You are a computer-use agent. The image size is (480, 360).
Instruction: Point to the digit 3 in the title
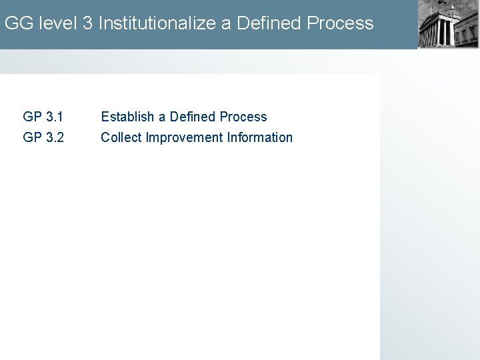88,23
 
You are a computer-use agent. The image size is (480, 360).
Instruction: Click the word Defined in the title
266,23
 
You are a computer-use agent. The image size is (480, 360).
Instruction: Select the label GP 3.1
43,117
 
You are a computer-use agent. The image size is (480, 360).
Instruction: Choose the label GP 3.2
43,137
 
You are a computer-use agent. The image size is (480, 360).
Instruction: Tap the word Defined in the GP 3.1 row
193,117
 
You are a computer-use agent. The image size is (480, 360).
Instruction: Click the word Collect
121,137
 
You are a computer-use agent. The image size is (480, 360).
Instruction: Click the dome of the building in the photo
453,11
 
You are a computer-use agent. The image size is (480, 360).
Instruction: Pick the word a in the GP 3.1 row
162,117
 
